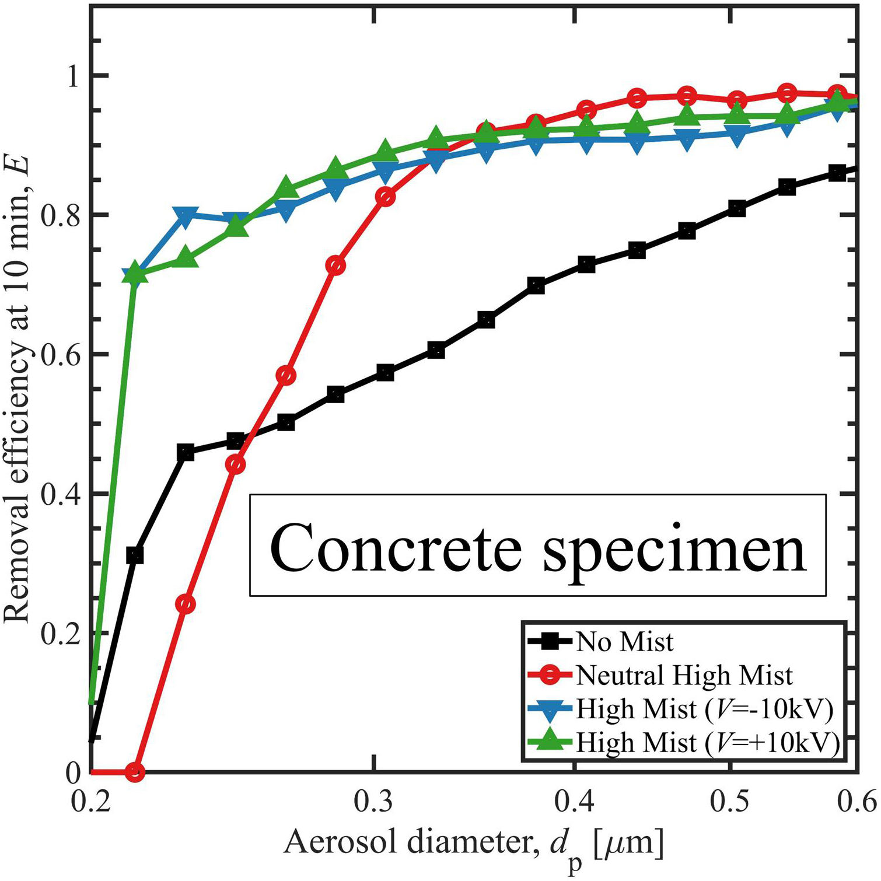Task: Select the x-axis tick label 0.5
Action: (x=730, y=803)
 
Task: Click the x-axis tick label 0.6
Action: (x=856, y=803)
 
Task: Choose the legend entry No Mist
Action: (x=624, y=642)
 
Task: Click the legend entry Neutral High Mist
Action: (x=684, y=675)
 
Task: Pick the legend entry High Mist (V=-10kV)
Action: (x=704, y=709)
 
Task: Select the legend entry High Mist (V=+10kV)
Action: (x=708, y=743)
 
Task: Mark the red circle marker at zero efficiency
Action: (x=135, y=772)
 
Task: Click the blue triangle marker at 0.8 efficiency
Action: (x=186, y=215)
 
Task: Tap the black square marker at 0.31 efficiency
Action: (x=135, y=555)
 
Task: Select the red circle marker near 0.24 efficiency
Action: (x=186, y=604)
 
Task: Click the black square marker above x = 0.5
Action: (x=737, y=208)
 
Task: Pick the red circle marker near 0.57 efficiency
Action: (x=286, y=375)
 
